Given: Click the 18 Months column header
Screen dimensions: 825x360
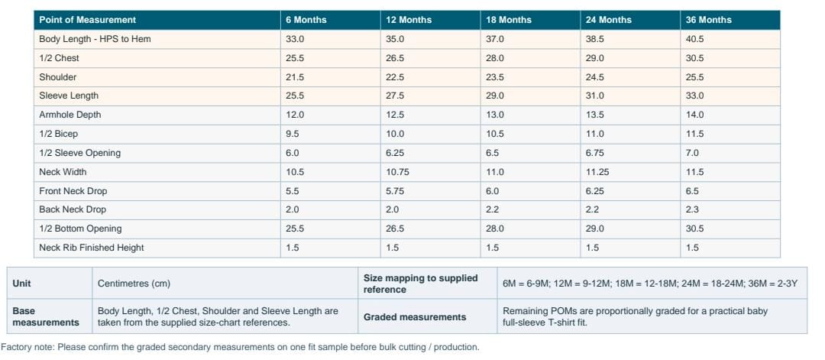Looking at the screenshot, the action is point(508,20).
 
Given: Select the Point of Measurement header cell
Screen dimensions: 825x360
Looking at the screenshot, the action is point(87,20).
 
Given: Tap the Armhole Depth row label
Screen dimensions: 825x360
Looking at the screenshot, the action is point(70,115).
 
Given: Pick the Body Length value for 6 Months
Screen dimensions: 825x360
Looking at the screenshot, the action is point(295,39).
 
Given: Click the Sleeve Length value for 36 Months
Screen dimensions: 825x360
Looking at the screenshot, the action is point(694,96).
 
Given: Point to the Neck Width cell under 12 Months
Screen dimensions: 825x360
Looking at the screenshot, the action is point(397,171).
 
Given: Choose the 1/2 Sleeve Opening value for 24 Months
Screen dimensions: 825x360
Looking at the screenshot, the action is point(594,153).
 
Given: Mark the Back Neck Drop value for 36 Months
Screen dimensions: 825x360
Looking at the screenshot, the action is point(692,209).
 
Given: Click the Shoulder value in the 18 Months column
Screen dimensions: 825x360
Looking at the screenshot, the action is point(494,77).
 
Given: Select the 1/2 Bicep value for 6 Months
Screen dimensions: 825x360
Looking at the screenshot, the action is point(292,134).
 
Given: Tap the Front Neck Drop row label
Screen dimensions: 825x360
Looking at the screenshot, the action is point(73,190).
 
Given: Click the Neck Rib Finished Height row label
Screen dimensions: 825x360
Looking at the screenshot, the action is point(92,248).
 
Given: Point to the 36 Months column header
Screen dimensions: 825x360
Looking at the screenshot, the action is point(709,20).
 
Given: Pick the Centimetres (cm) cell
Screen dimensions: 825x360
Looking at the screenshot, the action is point(134,283).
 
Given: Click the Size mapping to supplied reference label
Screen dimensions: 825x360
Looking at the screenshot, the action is point(420,283).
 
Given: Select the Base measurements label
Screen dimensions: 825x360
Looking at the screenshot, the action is point(46,317).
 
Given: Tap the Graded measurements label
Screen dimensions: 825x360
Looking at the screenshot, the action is point(415,317).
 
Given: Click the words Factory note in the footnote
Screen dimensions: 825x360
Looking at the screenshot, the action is point(27,347).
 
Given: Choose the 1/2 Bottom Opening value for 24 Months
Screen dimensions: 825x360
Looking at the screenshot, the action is point(594,229).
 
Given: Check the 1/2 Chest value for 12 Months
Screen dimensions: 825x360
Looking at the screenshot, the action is point(395,58).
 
